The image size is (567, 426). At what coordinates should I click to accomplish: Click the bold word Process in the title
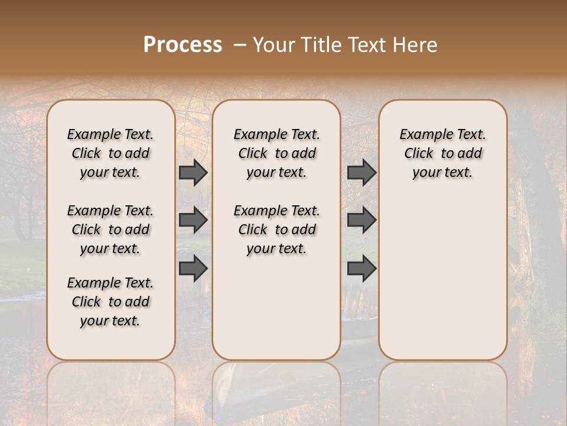183,44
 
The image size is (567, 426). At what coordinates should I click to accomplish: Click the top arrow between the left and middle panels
193,172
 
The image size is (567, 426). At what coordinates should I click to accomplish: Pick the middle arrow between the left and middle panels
193,220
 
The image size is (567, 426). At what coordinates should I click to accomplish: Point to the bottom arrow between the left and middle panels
193,269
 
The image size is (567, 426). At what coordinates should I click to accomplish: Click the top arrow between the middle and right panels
361,172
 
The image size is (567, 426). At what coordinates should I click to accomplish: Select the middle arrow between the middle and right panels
361,220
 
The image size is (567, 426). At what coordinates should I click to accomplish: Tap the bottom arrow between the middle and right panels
361,269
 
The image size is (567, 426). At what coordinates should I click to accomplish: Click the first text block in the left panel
110,153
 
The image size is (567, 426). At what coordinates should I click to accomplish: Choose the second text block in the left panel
110,230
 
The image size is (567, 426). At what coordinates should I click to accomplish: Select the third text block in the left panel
110,302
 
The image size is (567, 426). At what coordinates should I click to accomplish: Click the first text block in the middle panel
277,153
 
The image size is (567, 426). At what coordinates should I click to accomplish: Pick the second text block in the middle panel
277,230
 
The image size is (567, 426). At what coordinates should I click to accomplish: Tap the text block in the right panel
443,153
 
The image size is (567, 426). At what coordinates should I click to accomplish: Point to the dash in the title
240,45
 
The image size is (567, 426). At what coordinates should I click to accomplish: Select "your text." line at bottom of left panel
110,321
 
